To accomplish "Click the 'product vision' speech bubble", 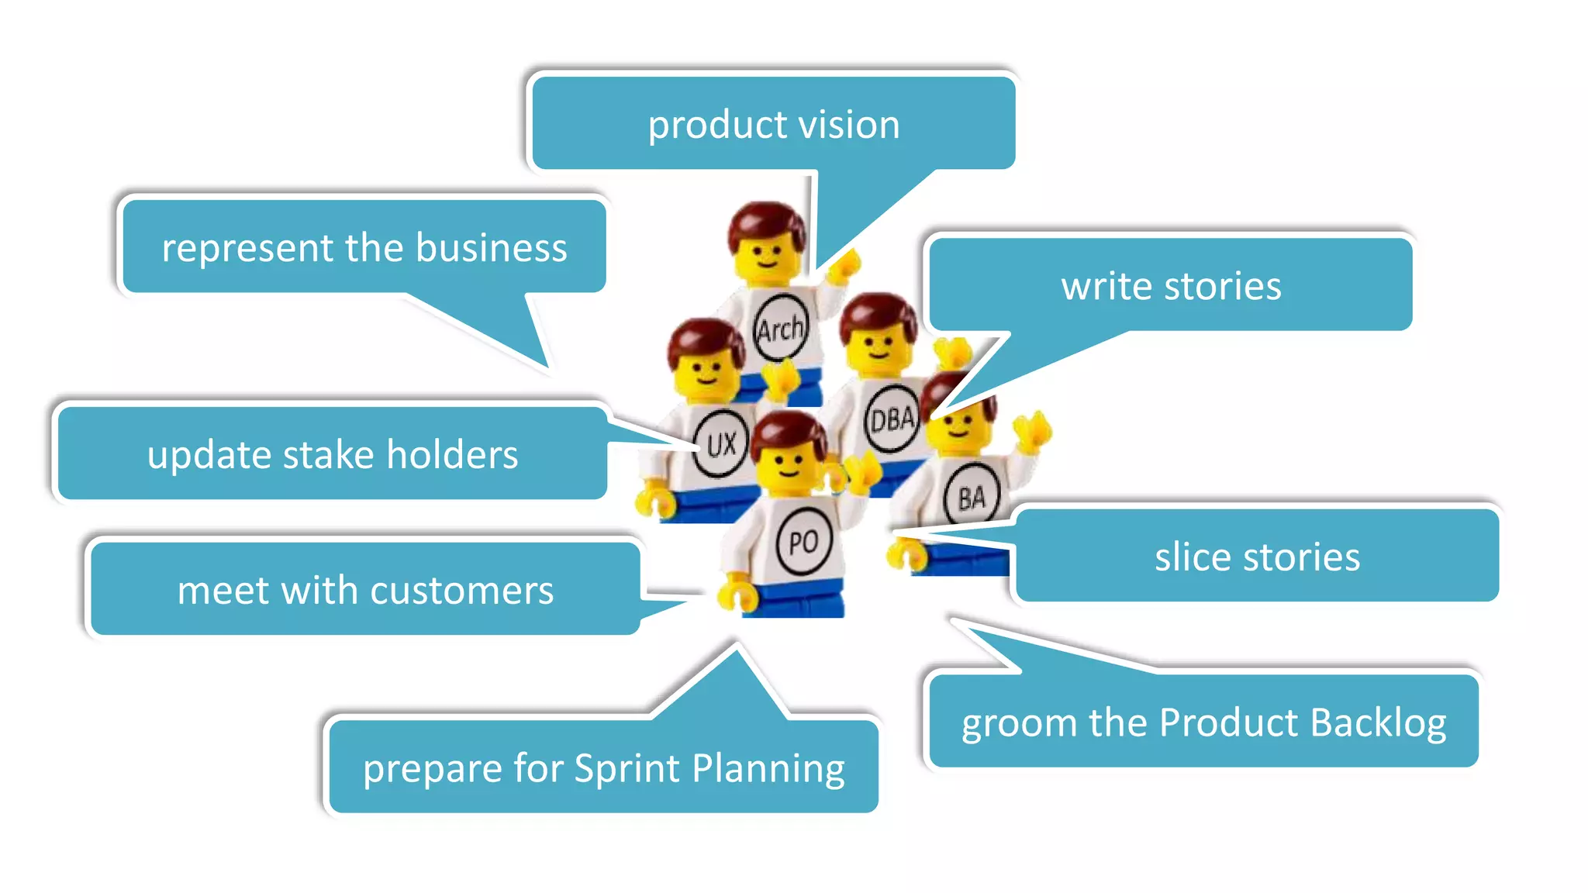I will [774, 124].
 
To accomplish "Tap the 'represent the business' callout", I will [364, 247].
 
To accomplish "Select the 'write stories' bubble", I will [1171, 285].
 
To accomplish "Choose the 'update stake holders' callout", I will [333, 453].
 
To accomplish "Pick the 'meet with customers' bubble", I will [365, 590].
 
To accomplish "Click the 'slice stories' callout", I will [1257, 556].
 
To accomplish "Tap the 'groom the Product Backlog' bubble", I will [1203, 722].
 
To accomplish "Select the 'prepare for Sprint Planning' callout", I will [603, 767].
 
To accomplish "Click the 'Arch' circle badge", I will [780, 328].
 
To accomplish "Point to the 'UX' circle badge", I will [720, 443].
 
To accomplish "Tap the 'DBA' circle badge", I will [892, 419].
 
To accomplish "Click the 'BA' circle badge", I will [972, 496].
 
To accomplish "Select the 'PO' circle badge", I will [803, 541].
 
